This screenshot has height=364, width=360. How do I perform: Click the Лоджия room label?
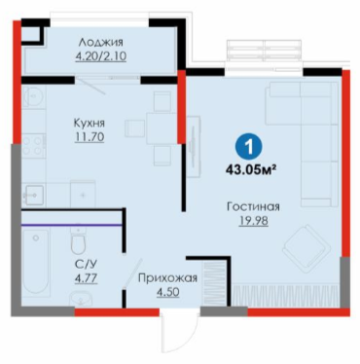pos(101,43)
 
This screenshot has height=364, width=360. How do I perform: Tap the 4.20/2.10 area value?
pos(101,56)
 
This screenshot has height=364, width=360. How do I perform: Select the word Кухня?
pos(90,124)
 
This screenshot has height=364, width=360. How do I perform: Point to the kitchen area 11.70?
pos(90,137)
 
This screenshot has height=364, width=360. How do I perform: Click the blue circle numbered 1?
pos(249,148)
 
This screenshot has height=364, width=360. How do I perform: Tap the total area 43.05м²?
pos(251,169)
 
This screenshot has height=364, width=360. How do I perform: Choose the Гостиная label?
pos(253,207)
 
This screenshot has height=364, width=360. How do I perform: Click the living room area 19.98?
pos(254,221)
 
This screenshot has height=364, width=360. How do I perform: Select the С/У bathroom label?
pos(86,265)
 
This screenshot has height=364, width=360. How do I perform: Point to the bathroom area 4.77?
pos(86,278)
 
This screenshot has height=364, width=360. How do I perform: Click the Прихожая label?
pos(167,278)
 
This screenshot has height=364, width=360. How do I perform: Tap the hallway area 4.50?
pos(167,292)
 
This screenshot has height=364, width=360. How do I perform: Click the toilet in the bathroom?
pos(79,240)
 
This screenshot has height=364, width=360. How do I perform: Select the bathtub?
pos(36,262)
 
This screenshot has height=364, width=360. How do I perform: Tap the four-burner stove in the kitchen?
pos(33,146)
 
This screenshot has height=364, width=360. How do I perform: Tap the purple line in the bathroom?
pos(72,225)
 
